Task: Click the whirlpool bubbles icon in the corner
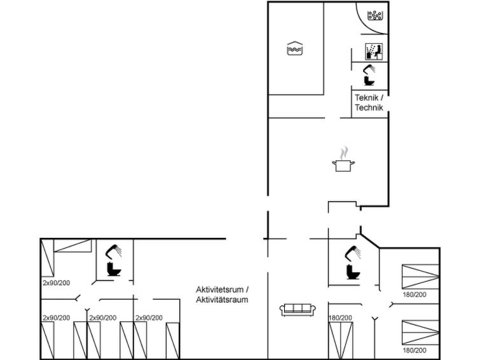coord(375,15)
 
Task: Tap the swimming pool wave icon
coord(295,48)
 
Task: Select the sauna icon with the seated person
coord(374,52)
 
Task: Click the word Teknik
coord(366,98)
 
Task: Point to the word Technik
coord(369,107)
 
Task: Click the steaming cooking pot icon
coord(343,159)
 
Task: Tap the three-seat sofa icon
coord(298,310)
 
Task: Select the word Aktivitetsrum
coord(220,289)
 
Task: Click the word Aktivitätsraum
coord(222,300)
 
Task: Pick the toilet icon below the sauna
coord(369,81)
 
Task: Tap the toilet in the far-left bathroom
coord(114,269)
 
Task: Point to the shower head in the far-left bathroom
coord(113,251)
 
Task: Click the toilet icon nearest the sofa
coord(353,272)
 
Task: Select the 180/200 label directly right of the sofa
coord(340,318)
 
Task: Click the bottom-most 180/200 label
coord(415,350)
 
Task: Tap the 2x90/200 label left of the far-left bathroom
coord(57,283)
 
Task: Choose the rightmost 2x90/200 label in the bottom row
coord(149,318)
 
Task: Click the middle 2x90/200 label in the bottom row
coord(103,318)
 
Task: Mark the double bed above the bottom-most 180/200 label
coord(421,333)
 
